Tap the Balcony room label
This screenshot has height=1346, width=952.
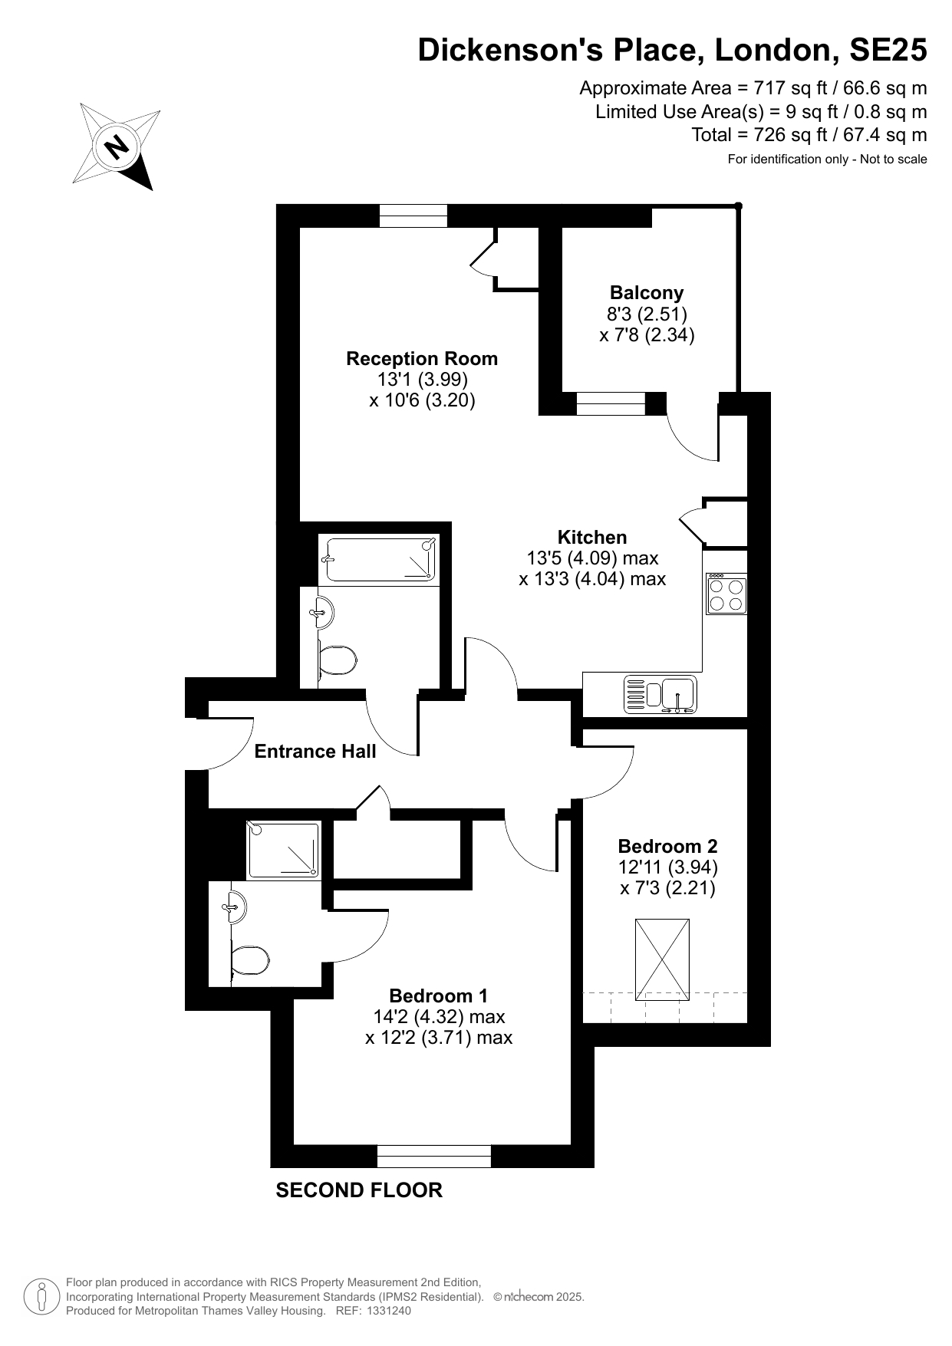(x=647, y=292)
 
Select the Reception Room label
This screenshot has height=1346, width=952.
(x=422, y=358)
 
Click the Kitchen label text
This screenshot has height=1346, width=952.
(x=592, y=537)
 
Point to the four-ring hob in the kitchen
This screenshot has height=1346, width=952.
(x=726, y=594)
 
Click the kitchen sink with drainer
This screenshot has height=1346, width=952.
(x=660, y=694)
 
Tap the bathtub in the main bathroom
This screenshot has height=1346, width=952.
(x=379, y=558)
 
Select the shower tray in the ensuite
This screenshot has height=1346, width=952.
(x=283, y=849)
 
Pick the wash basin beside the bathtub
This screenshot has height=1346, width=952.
(x=322, y=611)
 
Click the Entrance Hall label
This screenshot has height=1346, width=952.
(x=315, y=751)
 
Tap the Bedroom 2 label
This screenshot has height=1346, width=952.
(x=667, y=846)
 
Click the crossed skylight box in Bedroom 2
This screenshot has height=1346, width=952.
(x=663, y=959)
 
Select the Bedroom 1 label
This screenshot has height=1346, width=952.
(x=438, y=996)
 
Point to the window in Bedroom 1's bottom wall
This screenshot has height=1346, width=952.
(x=434, y=1156)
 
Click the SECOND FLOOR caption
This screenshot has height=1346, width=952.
(x=359, y=1190)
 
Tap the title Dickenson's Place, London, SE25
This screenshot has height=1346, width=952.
(x=672, y=50)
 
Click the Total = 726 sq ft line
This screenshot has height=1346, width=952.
(x=809, y=135)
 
